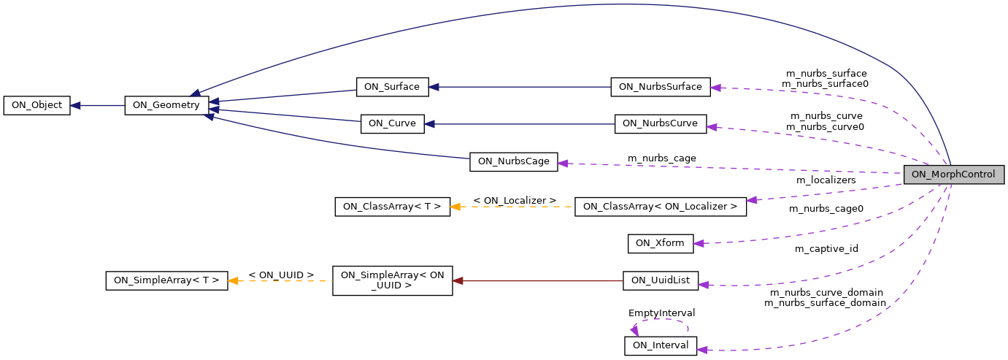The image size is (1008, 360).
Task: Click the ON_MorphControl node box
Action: (953, 175)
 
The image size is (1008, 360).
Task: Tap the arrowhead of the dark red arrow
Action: (458, 280)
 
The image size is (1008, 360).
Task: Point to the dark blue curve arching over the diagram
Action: (620, 4)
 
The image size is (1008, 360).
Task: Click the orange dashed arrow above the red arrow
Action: (511, 207)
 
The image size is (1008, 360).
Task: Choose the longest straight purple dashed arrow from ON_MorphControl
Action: (730, 168)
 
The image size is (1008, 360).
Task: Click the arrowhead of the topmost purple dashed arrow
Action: (715, 88)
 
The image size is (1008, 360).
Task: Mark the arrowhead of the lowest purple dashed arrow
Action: (702, 350)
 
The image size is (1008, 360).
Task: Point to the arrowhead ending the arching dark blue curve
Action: (195, 93)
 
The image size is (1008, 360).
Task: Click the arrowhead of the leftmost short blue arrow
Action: (74, 106)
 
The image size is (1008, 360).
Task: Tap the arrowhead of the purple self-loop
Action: (634, 331)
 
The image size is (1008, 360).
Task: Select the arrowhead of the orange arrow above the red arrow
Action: (455, 207)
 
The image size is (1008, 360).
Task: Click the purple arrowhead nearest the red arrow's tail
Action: (704, 285)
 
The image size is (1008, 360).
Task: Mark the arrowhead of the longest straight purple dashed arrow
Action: (563, 164)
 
